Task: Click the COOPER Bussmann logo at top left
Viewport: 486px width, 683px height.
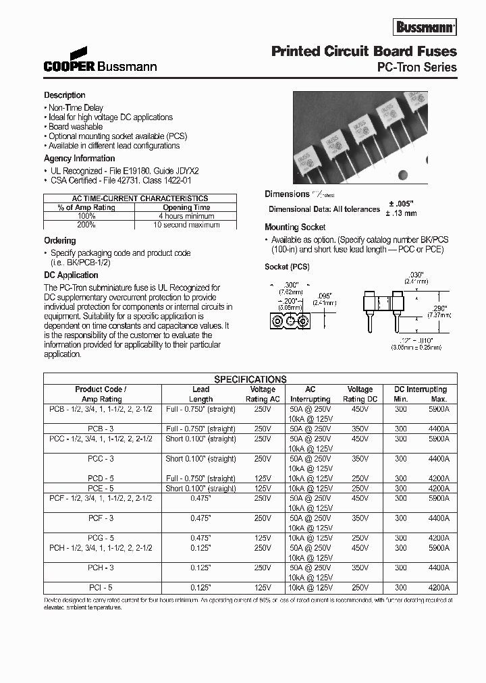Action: coord(101,61)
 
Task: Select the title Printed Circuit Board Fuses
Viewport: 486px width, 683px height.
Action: coord(363,51)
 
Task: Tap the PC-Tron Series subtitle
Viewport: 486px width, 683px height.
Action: coord(416,67)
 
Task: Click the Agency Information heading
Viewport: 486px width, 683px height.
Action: coord(79,159)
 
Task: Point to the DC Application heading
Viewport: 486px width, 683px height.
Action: coord(71,275)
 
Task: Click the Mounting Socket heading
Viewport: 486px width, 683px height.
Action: coord(295,227)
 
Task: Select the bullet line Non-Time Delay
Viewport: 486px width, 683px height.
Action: coord(74,107)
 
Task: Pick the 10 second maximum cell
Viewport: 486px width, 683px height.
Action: coord(186,225)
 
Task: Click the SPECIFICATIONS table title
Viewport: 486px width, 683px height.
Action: coord(250,379)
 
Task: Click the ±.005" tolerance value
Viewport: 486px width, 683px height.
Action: coord(401,203)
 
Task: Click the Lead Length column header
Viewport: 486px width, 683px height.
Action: coord(200,394)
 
